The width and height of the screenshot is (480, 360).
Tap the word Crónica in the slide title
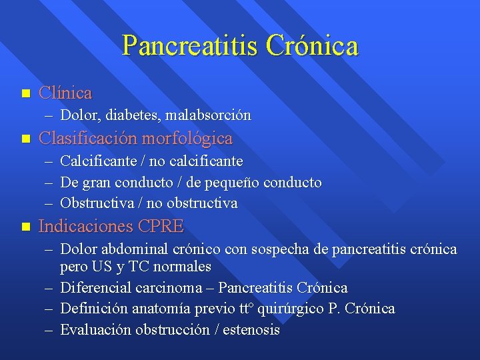click(x=311, y=45)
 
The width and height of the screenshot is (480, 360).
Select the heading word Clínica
click(x=65, y=93)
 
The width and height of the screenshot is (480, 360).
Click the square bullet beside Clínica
click(x=25, y=93)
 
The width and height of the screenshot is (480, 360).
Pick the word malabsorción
click(x=208, y=115)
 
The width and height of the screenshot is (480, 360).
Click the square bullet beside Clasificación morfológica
click(x=25, y=139)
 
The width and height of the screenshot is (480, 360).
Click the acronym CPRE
click(x=160, y=226)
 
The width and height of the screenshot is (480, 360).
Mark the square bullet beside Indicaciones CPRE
click(x=25, y=226)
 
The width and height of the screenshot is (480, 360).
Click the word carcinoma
click(x=172, y=288)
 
